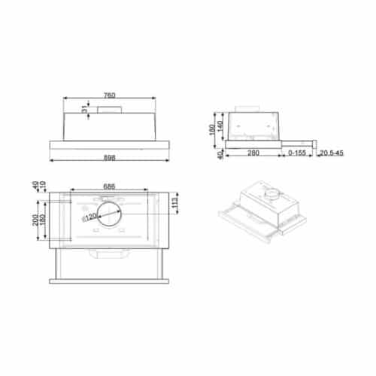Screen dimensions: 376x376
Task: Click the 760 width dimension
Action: (109, 96)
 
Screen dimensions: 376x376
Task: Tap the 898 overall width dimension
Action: (109, 157)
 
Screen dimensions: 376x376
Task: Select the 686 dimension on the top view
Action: (108, 186)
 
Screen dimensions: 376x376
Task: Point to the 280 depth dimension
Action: (253, 153)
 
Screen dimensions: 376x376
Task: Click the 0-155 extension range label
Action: (296, 153)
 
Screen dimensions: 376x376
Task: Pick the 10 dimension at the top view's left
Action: (43, 186)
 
